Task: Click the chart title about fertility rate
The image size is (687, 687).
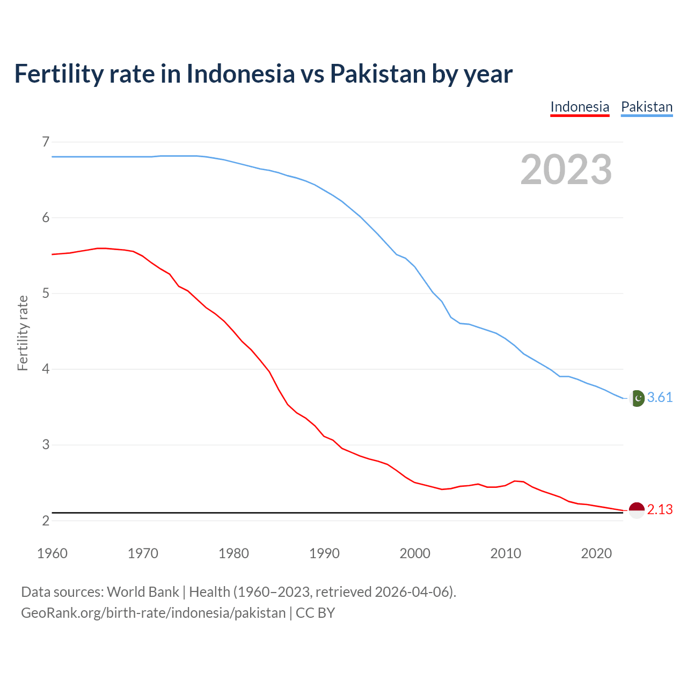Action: tap(263, 74)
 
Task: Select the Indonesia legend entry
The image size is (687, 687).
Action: tap(580, 107)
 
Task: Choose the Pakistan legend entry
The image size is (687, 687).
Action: tap(646, 107)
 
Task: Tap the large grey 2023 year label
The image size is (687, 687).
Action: tap(566, 170)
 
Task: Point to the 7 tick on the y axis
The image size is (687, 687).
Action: tap(46, 142)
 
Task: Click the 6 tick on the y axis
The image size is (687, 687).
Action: tap(46, 217)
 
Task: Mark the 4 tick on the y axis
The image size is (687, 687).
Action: tap(46, 369)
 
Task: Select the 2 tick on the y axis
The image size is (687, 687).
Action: tap(46, 521)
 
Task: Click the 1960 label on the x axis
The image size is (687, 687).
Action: tap(52, 553)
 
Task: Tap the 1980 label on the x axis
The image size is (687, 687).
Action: tap(233, 553)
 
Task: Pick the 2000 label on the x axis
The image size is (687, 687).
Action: tap(415, 553)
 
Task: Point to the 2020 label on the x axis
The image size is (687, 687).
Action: tap(596, 553)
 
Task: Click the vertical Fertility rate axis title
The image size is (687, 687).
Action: tap(23, 333)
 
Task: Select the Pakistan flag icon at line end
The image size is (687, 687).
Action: tap(637, 398)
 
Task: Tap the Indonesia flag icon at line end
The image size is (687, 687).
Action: tap(637, 510)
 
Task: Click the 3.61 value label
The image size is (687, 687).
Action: tap(660, 398)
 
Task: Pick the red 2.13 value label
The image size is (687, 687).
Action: tap(660, 510)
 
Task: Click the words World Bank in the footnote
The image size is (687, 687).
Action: tap(143, 592)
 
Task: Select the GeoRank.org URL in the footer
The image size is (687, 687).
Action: tap(153, 613)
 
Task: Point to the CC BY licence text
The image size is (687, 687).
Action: tap(316, 613)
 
